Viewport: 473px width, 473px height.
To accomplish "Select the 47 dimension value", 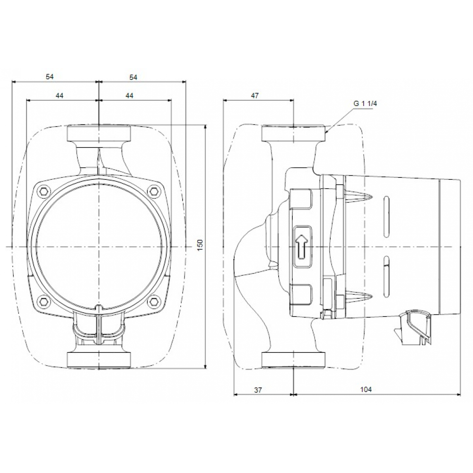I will point(255,96).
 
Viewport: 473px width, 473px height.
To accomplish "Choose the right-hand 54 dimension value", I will point(133,77).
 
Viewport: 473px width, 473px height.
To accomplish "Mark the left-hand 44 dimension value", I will point(59,96).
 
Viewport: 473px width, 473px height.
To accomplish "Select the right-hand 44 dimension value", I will point(129,96).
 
